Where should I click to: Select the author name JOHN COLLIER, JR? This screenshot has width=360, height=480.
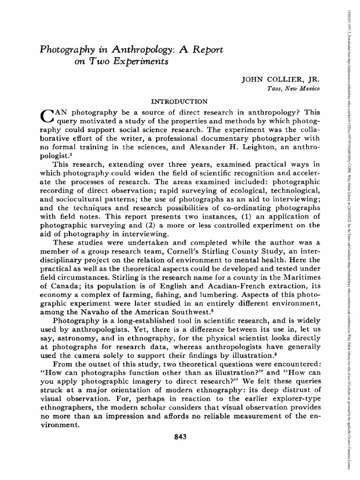[280, 79]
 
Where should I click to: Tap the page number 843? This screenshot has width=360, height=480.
[180, 437]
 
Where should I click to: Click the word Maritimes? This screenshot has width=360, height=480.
[299, 277]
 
